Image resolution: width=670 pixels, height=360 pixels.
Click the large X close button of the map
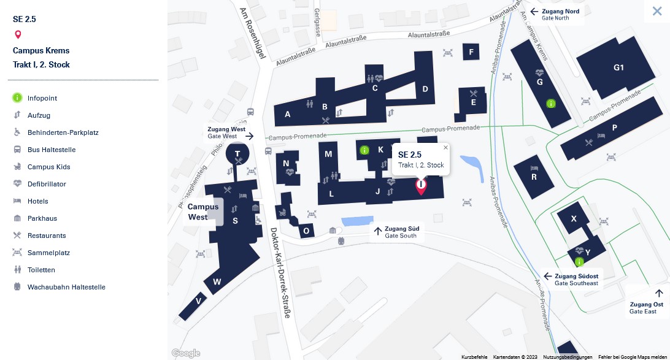(x=657, y=11)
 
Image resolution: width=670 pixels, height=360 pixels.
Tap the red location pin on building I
(x=421, y=186)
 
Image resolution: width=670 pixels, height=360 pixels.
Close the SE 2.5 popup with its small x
(x=445, y=147)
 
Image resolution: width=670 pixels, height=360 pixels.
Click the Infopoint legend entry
(x=42, y=98)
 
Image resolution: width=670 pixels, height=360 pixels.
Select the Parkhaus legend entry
(x=42, y=218)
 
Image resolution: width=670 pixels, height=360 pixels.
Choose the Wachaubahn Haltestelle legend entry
(x=66, y=287)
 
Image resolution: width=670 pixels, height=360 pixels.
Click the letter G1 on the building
(x=618, y=67)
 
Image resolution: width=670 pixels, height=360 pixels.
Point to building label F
(x=471, y=52)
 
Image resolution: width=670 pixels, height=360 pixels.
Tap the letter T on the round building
(x=237, y=153)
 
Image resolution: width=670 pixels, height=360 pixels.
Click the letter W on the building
(x=217, y=282)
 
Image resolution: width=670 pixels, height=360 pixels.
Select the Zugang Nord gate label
(x=560, y=12)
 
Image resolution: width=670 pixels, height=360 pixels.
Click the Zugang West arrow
(x=250, y=136)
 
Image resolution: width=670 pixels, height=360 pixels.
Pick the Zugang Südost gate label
(x=576, y=277)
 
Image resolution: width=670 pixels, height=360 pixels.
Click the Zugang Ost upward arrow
(x=659, y=293)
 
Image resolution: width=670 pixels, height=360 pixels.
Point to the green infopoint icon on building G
(x=550, y=104)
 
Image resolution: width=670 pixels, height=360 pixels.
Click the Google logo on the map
(x=186, y=353)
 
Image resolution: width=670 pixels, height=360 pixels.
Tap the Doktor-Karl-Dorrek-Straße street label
(x=280, y=273)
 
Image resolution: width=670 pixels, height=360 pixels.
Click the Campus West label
(x=202, y=212)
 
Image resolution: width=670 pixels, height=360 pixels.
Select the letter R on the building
(x=534, y=177)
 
